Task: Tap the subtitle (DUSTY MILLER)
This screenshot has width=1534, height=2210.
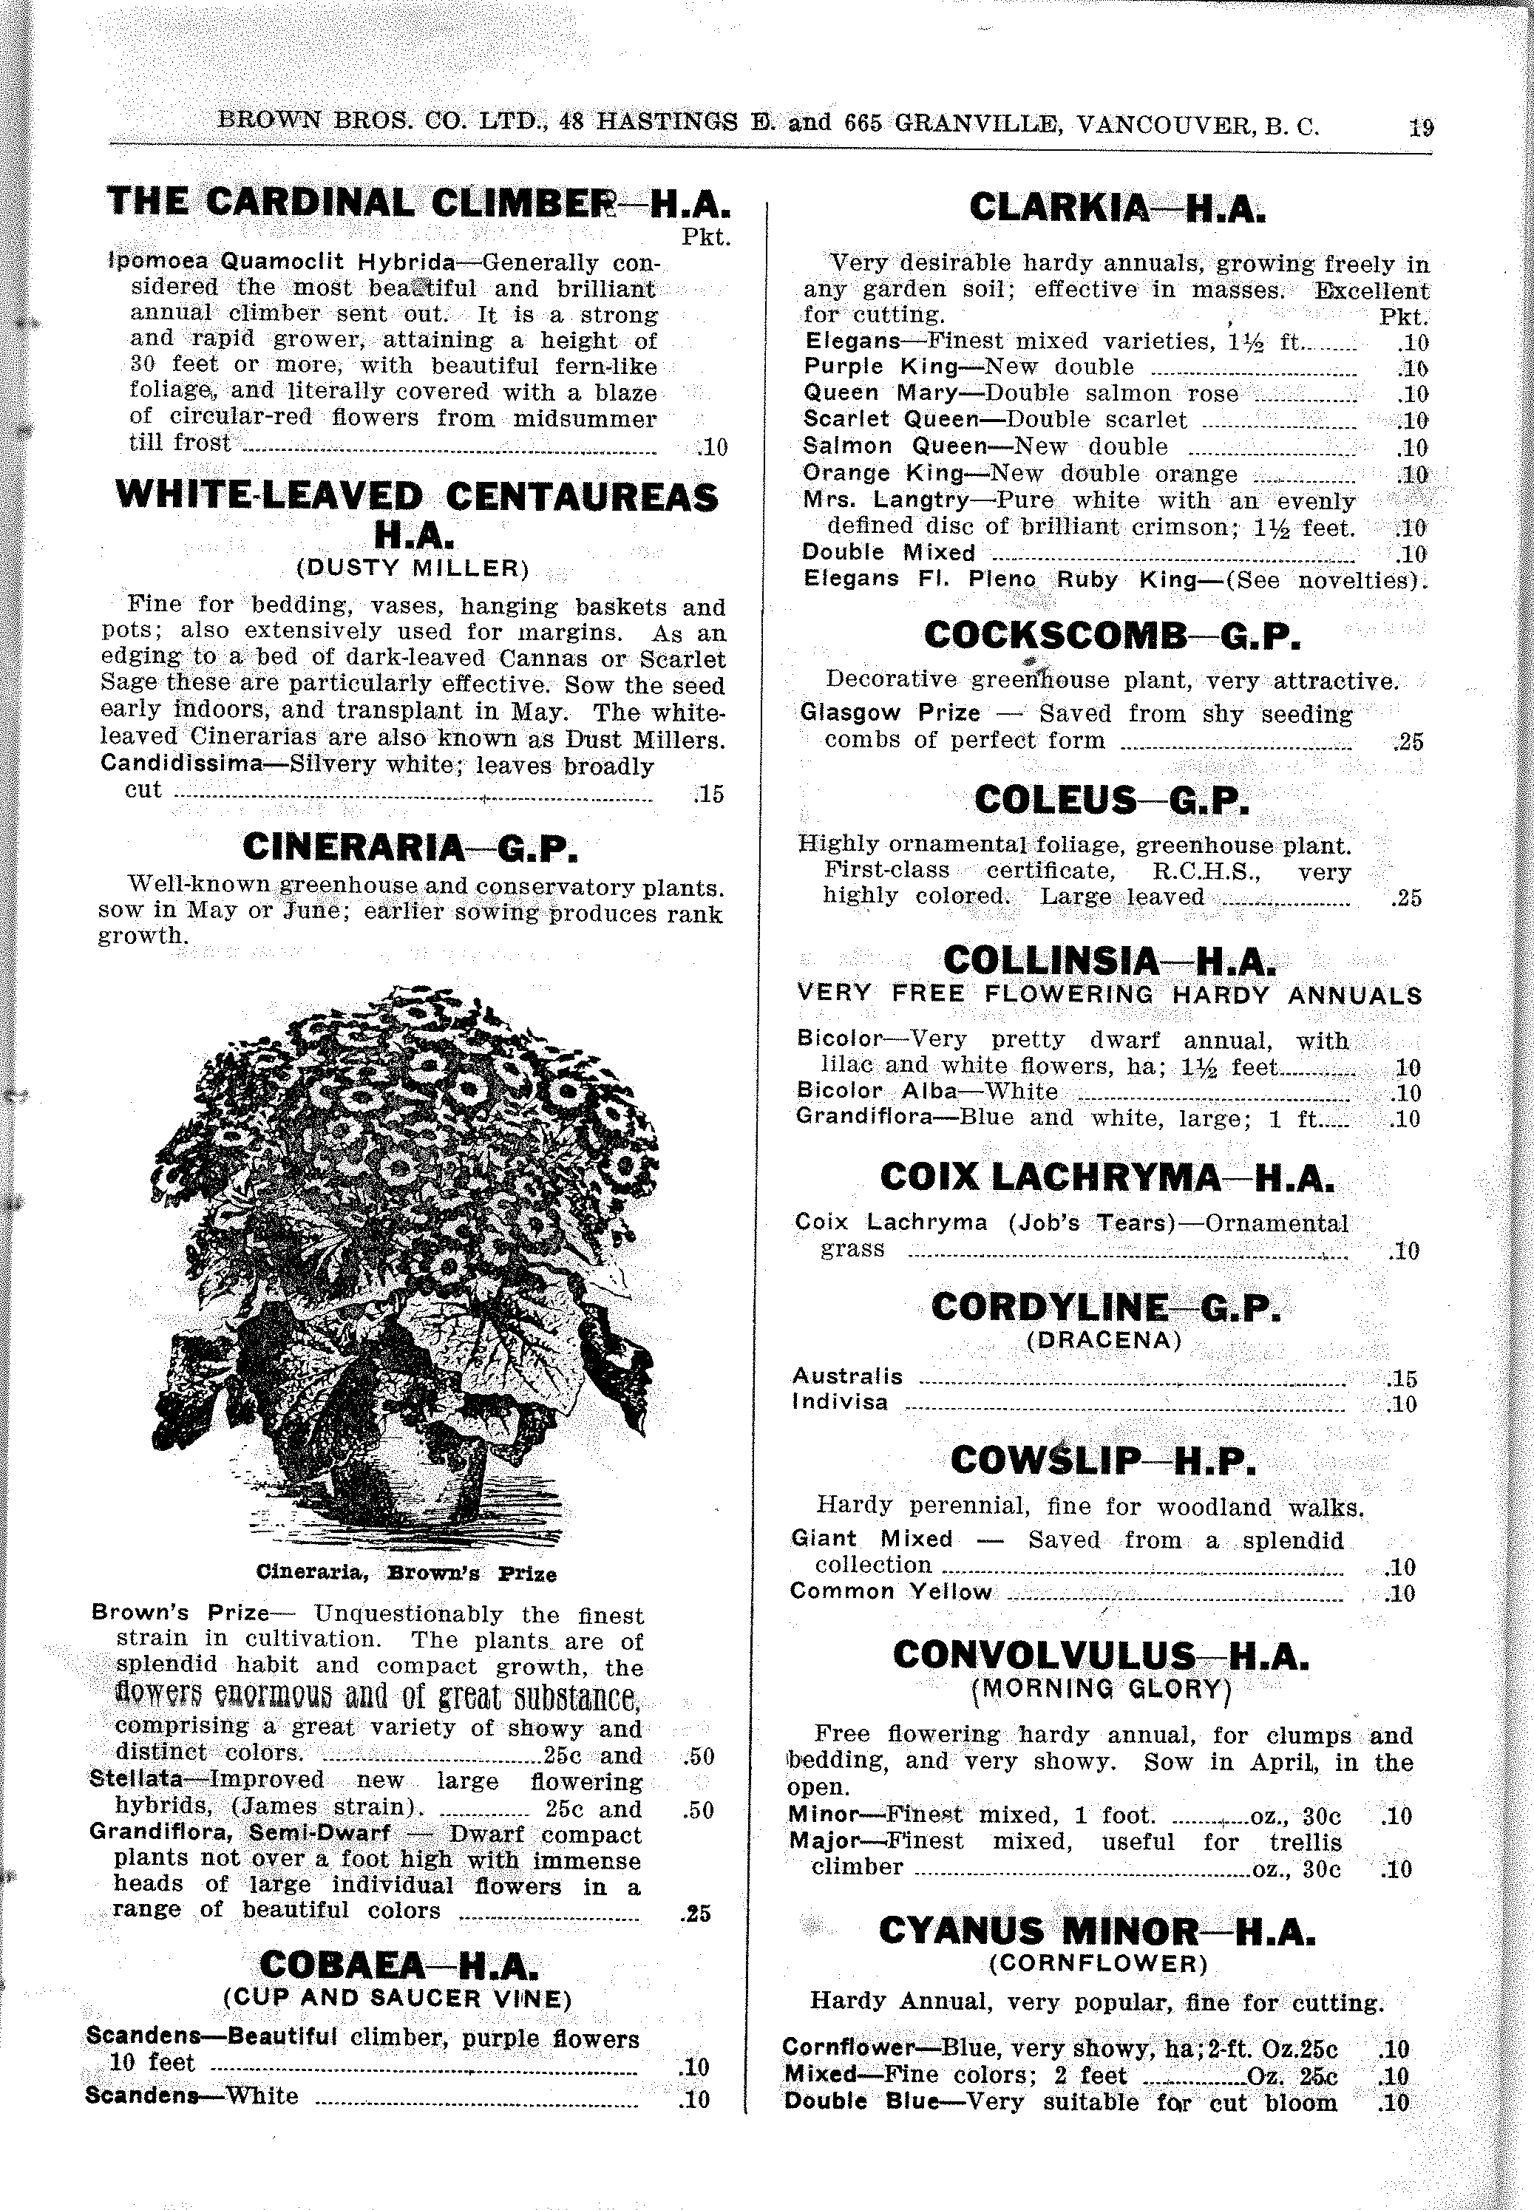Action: tap(413, 568)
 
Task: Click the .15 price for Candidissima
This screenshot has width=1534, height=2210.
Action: tap(707, 795)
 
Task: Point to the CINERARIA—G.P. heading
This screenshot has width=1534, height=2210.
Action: tap(410, 848)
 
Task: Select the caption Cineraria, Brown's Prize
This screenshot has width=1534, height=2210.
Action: tap(406, 1574)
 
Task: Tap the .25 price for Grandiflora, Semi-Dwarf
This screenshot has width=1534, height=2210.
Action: tap(696, 1913)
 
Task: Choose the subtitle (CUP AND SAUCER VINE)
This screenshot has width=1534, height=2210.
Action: tap(397, 1999)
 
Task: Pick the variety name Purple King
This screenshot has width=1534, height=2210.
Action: tap(881, 367)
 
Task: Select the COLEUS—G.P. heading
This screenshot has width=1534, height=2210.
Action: tap(1112, 800)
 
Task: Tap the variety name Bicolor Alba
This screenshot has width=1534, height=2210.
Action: tap(878, 1092)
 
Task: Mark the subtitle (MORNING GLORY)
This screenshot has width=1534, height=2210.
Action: tap(1102, 1688)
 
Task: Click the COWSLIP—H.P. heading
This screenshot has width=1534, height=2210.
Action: tap(1102, 1461)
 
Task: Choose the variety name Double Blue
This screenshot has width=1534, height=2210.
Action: tap(861, 2102)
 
